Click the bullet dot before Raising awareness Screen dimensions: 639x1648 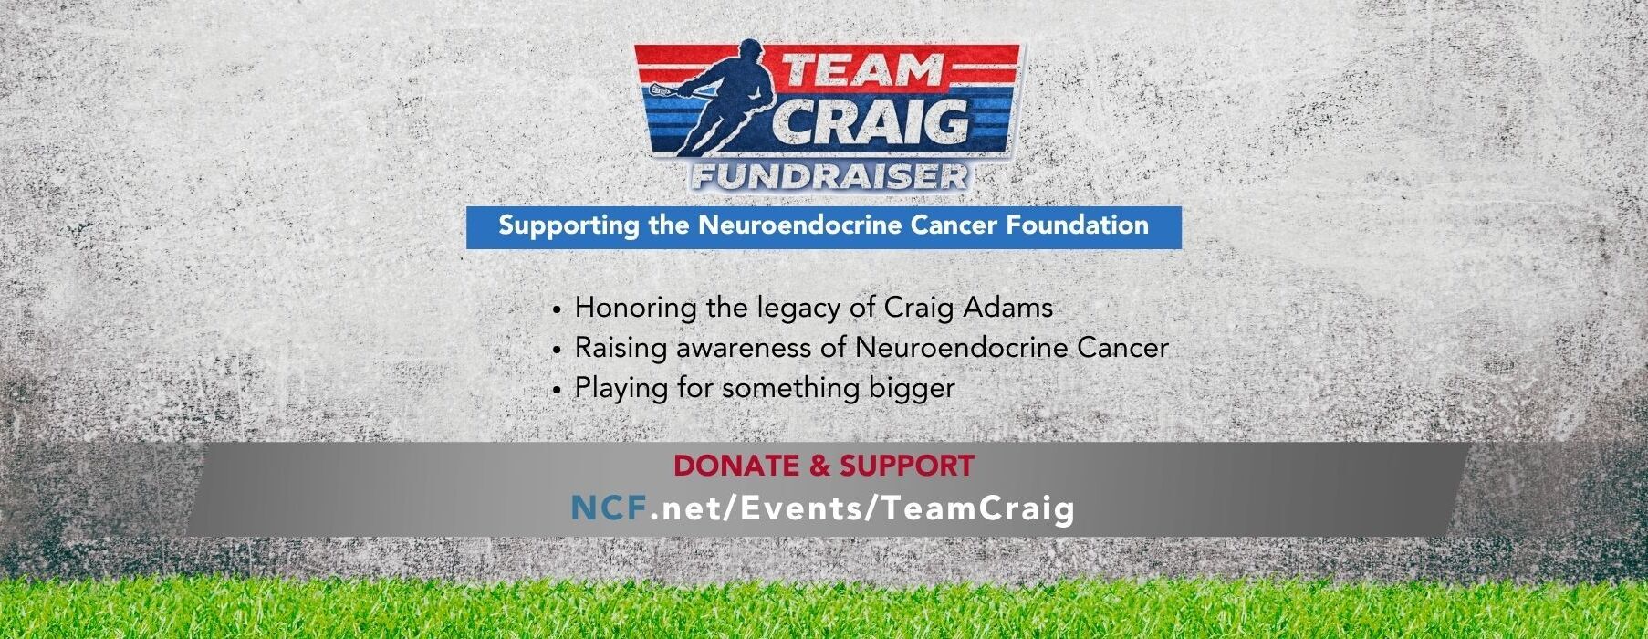pyautogui.click(x=557, y=350)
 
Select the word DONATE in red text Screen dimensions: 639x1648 pyautogui.click(x=735, y=466)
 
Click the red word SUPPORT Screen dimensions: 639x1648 pyautogui.click(x=907, y=466)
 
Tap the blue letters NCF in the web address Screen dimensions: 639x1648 pyautogui.click(x=609, y=508)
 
